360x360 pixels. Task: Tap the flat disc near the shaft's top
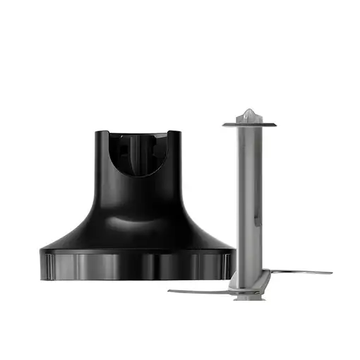[249, 125]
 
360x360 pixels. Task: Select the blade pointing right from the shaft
[296, 272]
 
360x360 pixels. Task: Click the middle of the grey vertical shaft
[249, 198]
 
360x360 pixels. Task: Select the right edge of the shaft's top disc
[275, 125]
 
